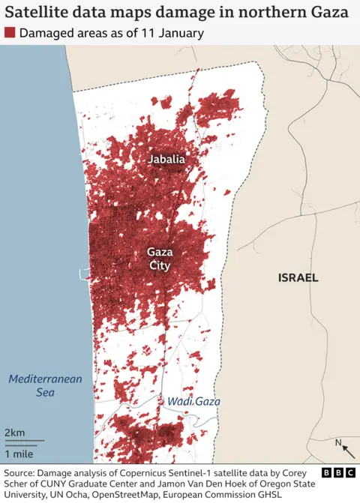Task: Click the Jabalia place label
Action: tap(166, 160)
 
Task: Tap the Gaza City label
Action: tap(159, 259)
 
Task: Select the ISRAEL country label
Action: tap(298, 277)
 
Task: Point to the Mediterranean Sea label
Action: tap(45, 385)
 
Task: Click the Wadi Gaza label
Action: tap(193, 402)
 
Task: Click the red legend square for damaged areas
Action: tap(10, 34)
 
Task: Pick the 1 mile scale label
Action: tap(18, 454)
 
